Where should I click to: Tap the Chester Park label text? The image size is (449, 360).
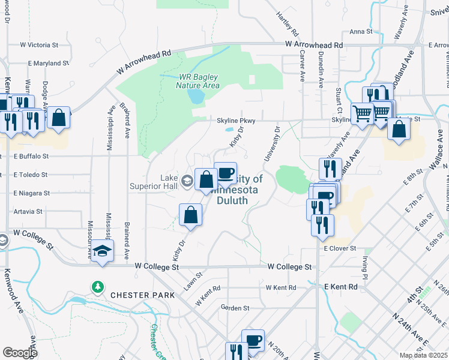[142, 295]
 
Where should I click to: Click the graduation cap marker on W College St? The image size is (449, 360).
[103, 252]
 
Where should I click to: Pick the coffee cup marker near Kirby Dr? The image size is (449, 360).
[225, 174]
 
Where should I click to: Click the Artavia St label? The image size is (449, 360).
[27, 211]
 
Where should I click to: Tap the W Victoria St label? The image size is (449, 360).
[39, 44]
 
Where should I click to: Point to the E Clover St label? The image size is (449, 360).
[340, 248]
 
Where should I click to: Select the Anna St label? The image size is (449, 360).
[361, 31]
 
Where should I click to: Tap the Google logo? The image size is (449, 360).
[20, 353]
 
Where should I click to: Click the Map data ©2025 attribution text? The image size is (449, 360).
[423, 355]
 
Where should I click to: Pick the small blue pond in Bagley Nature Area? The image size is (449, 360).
[196, 95]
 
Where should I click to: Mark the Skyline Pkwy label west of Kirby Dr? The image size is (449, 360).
[237, 121]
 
